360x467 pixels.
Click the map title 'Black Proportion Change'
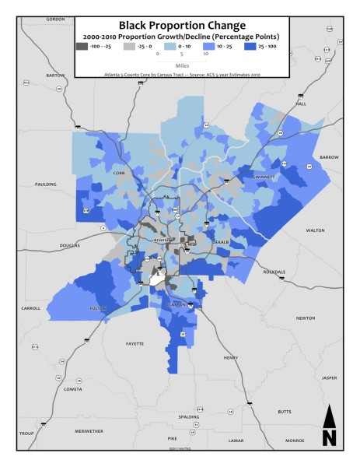(181, 26)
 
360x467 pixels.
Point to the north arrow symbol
(329, 427)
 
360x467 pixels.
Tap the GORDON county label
(55, 19)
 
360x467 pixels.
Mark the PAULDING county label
(46, 184)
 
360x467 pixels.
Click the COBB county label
(119, 174)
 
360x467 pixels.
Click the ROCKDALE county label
(274, 272)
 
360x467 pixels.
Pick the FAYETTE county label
(135, 343)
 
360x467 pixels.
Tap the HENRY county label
(231, 357)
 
